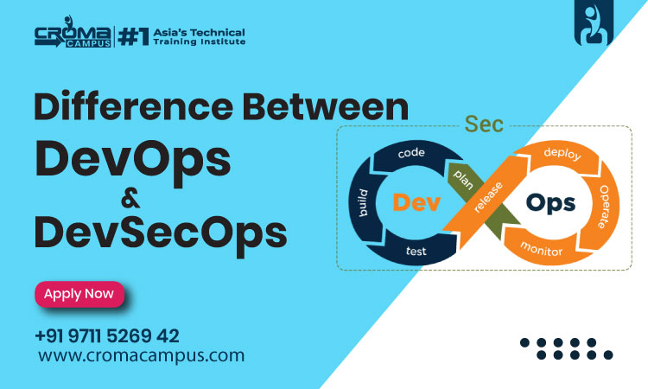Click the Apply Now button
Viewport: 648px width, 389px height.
click(79, 294)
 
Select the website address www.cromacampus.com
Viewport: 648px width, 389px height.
click(142, 355)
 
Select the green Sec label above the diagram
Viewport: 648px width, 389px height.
click(484, 124)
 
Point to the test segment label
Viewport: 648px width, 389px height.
click(415, 252)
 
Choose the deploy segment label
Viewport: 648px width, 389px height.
click(562, 153)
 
